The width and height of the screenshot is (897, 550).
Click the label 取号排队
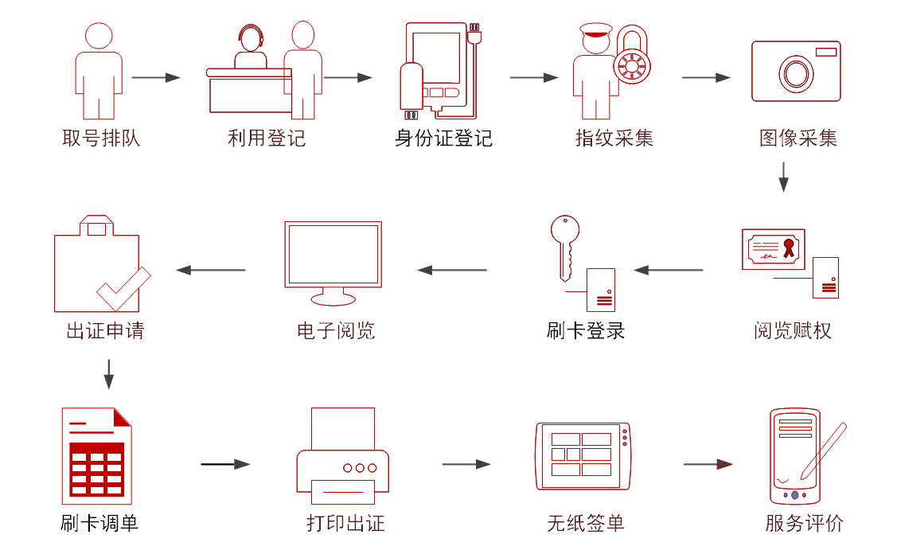101,138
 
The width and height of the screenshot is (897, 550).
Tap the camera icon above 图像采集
796,72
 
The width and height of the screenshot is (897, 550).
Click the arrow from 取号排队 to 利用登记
156,77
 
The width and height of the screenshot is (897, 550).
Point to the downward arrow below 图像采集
783,177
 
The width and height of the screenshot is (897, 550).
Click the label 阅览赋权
792,330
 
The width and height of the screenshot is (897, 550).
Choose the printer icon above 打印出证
342,458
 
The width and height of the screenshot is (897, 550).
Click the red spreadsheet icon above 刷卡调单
96,456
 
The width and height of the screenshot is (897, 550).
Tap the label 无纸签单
585,523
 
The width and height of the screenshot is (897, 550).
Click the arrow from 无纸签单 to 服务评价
708,464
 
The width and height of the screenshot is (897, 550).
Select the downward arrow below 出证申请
109,373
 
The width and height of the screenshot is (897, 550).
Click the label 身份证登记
443,138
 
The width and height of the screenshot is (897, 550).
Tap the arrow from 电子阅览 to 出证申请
211,270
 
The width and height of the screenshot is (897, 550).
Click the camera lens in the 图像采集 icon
795,73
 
